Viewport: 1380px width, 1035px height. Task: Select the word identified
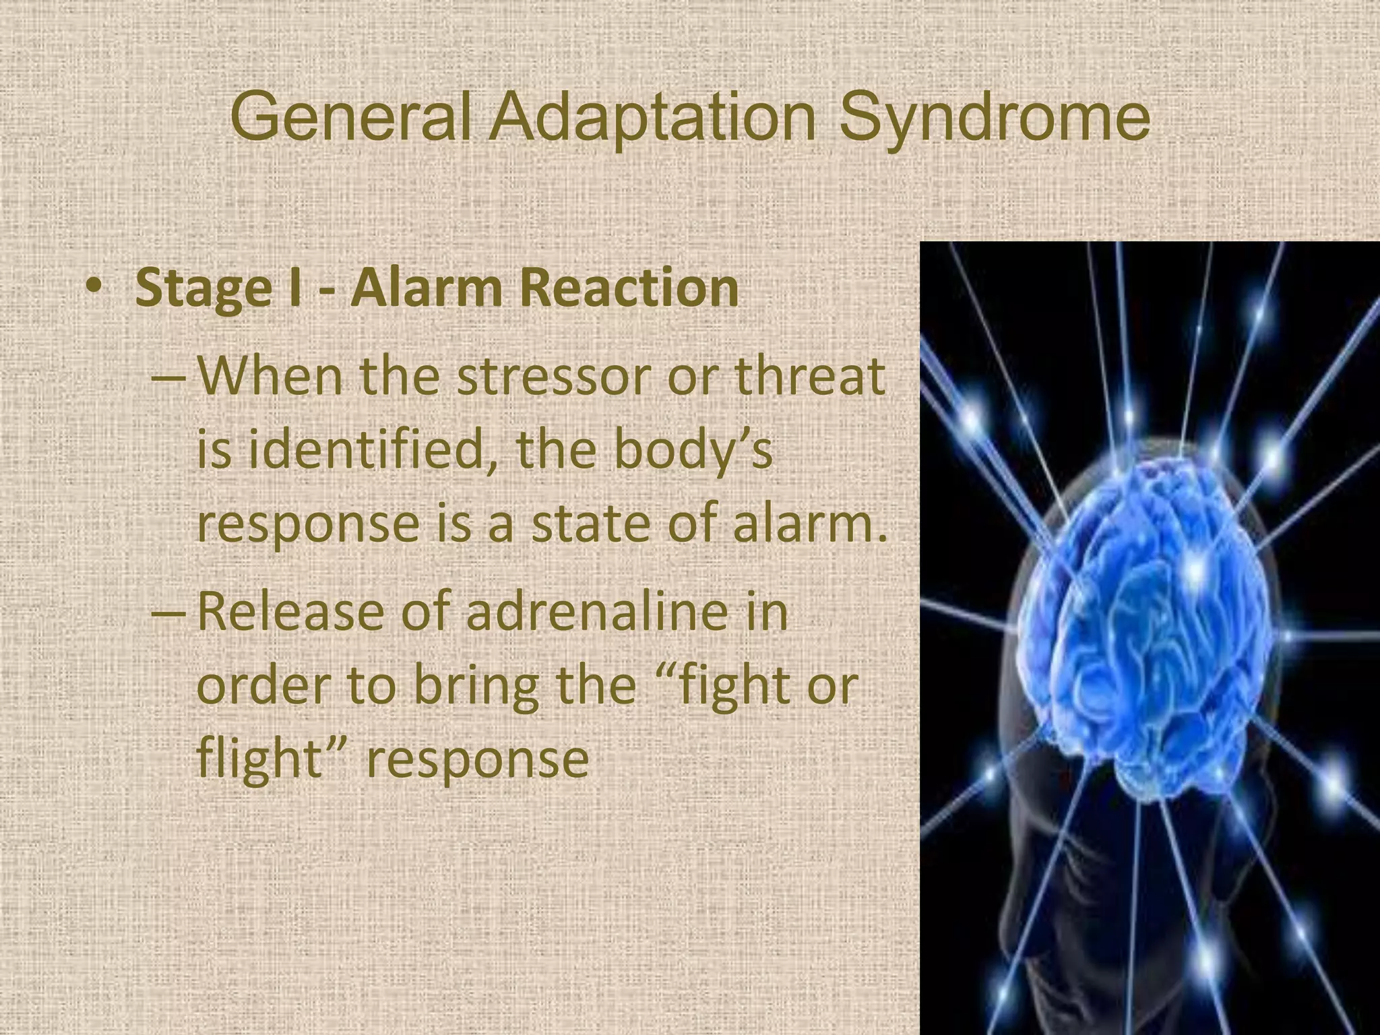point(364,450)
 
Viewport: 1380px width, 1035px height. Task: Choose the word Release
point(290,612)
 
